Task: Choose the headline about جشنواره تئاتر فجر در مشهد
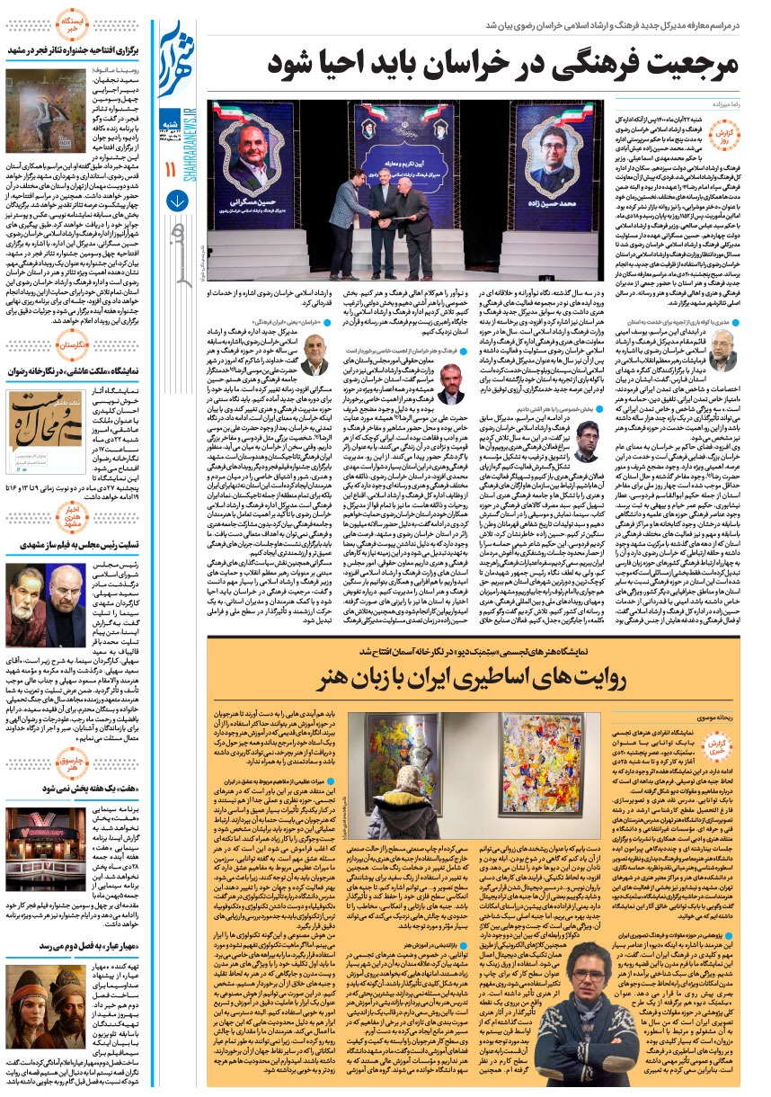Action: coord(73,49)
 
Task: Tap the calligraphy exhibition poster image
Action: coord(33,422)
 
